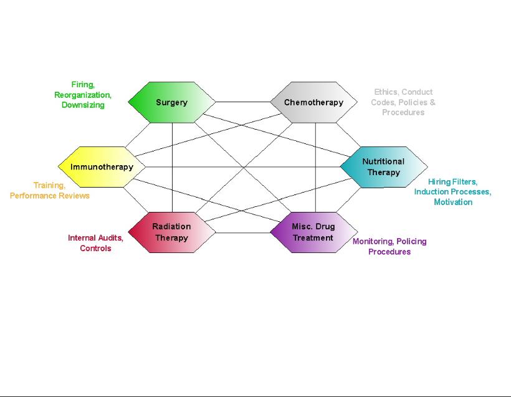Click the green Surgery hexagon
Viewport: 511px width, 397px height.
171,102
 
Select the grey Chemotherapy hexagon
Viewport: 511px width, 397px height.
313,102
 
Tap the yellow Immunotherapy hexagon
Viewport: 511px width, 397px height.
102,167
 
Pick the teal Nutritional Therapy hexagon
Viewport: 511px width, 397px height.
383,167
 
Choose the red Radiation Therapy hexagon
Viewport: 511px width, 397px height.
171,232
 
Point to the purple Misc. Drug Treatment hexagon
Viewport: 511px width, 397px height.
313,232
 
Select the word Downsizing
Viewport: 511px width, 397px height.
83,105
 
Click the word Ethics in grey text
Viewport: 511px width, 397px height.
386,92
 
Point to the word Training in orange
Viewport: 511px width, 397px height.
49,186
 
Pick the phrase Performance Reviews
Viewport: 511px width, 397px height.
50,196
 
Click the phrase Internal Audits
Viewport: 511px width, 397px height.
95,238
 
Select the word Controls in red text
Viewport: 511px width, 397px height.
95,249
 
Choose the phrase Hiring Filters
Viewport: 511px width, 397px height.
452,182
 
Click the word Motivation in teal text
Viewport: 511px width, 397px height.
453,202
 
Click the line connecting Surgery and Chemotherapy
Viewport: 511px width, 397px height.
243,102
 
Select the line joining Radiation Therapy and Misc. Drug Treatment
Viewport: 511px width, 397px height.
243,233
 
